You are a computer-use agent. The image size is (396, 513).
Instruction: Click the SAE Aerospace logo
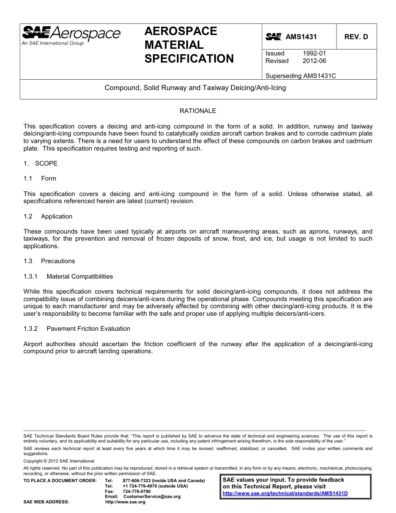click(x=71, y=35)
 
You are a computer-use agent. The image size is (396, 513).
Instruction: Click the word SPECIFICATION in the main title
click(x=189, y=59)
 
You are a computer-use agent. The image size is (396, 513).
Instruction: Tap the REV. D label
click(x=356, y=37)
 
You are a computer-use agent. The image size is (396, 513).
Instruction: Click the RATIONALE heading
click(x=198, y=111)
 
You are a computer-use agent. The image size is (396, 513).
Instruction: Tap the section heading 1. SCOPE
click(x=40, y=163)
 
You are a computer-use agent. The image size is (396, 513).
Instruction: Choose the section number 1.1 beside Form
click(x=28, y=179)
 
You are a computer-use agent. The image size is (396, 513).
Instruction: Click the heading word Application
click(x=57, y=216)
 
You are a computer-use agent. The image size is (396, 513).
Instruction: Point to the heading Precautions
click(x=58, y=261)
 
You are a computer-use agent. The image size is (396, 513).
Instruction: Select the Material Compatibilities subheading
click(x=80, y=277)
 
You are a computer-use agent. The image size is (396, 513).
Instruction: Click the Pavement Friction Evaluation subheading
click(x=88, y=329)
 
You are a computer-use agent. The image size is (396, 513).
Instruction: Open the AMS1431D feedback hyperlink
click(x=285, y=493)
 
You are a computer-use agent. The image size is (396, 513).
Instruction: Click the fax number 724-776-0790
click(x=137, y=491)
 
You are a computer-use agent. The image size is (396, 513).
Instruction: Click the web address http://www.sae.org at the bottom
click(x=125, y=502)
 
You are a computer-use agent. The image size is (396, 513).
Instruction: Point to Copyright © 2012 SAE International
click(x=59, y=461)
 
